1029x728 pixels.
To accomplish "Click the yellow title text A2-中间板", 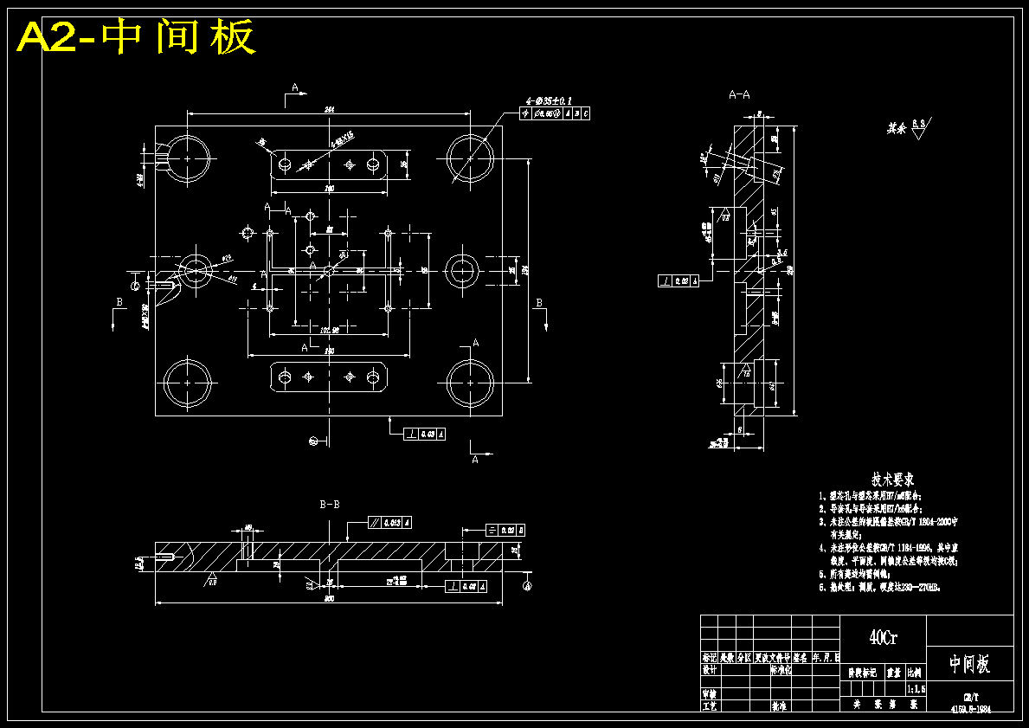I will pos(136,37).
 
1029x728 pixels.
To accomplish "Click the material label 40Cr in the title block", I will pos(883,638).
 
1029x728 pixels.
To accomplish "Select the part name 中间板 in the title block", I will pos(969,664).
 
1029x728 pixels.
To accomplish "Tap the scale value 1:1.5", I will pos(915,689).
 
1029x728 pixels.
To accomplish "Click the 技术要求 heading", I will pos(893,479).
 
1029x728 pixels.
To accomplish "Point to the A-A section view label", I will pos(739,93).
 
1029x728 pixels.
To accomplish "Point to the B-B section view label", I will pos(329,503).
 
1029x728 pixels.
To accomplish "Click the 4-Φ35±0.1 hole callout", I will pos(549,100).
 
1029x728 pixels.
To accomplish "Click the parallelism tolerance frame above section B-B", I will pos(389,522).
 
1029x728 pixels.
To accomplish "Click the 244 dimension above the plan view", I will pos(329,109).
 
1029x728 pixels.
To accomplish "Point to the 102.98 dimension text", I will pos(329,330).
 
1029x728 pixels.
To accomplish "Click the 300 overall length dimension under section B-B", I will pos(329,599).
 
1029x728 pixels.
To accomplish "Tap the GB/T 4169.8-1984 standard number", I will pos(969,702).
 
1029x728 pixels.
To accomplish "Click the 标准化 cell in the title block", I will pos(781,669).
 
